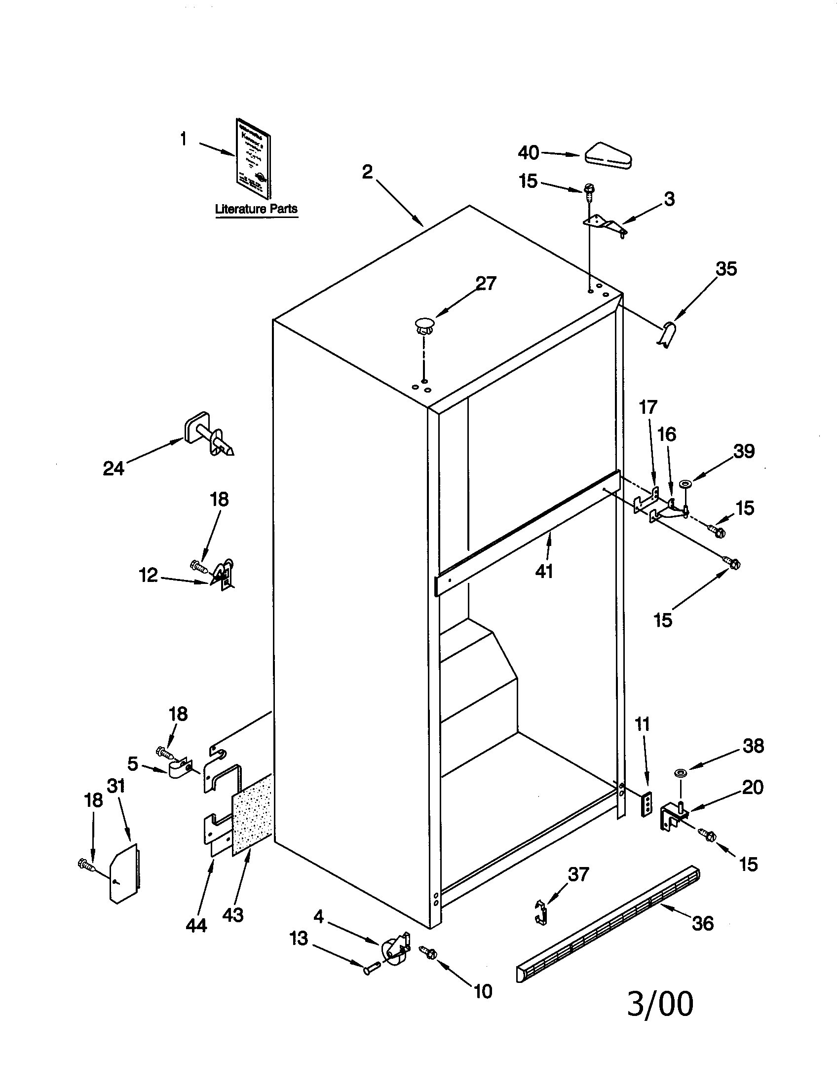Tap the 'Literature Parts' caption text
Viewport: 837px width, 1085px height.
pyautogui.click(x=256, y=209)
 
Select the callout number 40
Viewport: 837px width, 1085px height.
pyautogui.click(x=528, y=153)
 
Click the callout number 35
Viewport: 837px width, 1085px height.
pyautogui.click(x=725, y=269)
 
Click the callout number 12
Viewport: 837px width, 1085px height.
pyautogui.click(x=148, y=575)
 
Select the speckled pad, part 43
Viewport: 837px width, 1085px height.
pyautogui.click(x=253, y=815)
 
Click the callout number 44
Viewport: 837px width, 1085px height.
pyautogui.click(x=196, y=925)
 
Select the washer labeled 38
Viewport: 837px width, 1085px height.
pyautogui.click(x=680, y=773)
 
